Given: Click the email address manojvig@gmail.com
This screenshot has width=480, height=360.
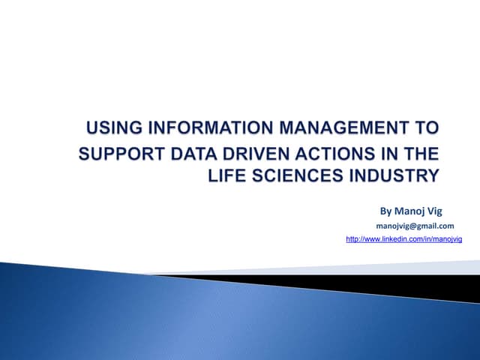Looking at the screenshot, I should [415, 226].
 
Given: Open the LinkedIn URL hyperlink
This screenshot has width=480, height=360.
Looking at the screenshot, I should [403, 238].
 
